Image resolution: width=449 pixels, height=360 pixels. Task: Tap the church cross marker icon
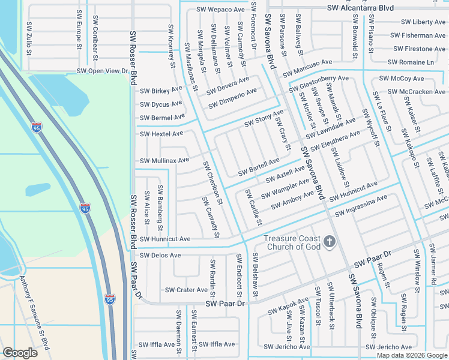(x=329, y=242)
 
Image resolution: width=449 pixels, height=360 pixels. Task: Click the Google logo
(x=20, y=352)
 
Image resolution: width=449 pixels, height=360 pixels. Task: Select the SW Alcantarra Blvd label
(x=360, y=8)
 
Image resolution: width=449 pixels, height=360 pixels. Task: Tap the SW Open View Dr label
(x=103, y=71)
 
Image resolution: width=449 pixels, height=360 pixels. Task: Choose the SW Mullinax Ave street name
(x=164, y=160)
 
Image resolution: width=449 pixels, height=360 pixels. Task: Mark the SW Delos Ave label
(x=160, y=255)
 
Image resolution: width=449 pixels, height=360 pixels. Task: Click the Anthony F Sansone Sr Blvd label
(x=34, y=313)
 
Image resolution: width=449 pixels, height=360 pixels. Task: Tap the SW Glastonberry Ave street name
(x=319, y=84)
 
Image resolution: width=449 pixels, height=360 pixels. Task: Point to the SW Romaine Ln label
(x=411, y=62)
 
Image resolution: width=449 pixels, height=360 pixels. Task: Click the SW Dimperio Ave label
(x=232, y=98)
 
